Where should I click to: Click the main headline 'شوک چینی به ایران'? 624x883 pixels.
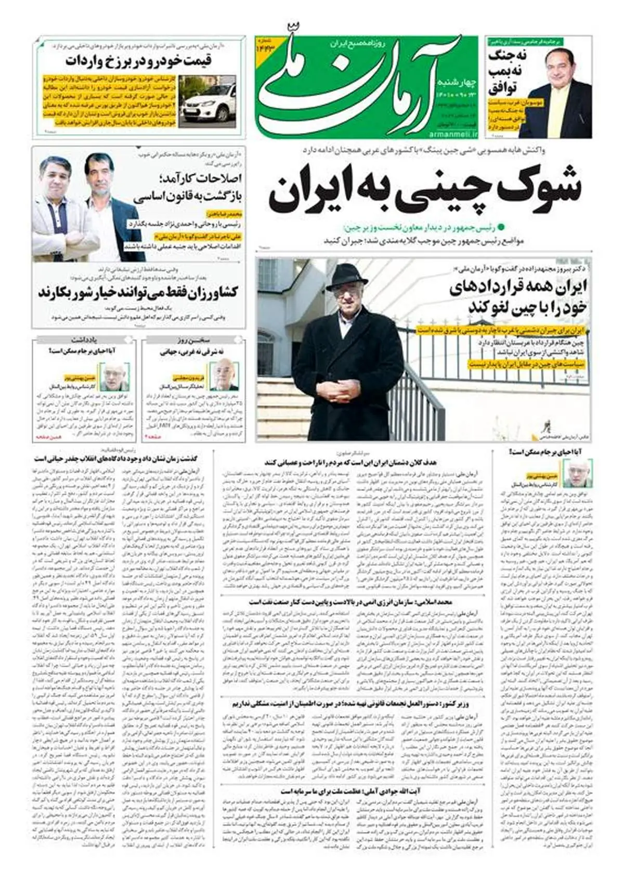point(424,191)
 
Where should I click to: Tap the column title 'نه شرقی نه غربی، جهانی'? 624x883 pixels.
point(193,352)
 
